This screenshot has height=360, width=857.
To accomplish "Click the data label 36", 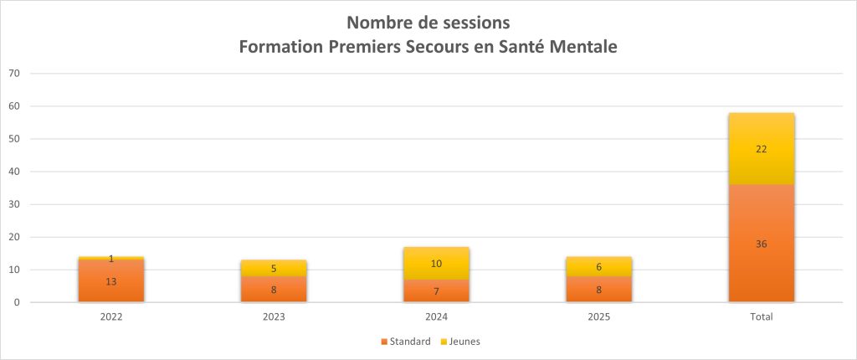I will click(x=761, y=244).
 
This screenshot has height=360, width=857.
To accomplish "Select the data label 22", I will click(x=761, y=149).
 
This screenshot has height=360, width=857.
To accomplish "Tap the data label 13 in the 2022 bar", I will click(x=110, y=281).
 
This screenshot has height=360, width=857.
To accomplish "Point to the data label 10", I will click(x=436, y=264).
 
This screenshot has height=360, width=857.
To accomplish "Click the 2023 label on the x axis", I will click(x=274, y=317).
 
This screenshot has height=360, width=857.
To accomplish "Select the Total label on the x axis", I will click(x=761, y=317).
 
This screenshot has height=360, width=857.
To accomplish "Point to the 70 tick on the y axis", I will click(x=14, y=74).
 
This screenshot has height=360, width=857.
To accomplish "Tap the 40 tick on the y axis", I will click(x=14, y=172).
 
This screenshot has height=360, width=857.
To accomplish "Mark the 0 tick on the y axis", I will click(x=17, y=302).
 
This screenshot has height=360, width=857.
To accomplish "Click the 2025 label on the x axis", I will click(x=598, y=317).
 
